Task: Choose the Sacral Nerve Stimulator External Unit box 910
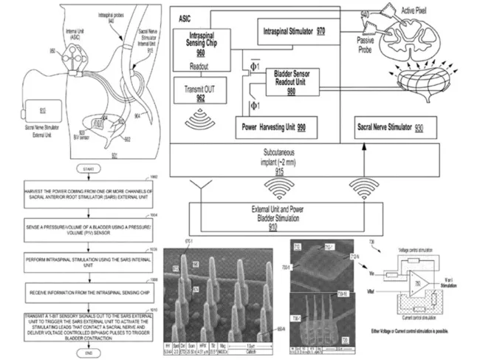34,109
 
